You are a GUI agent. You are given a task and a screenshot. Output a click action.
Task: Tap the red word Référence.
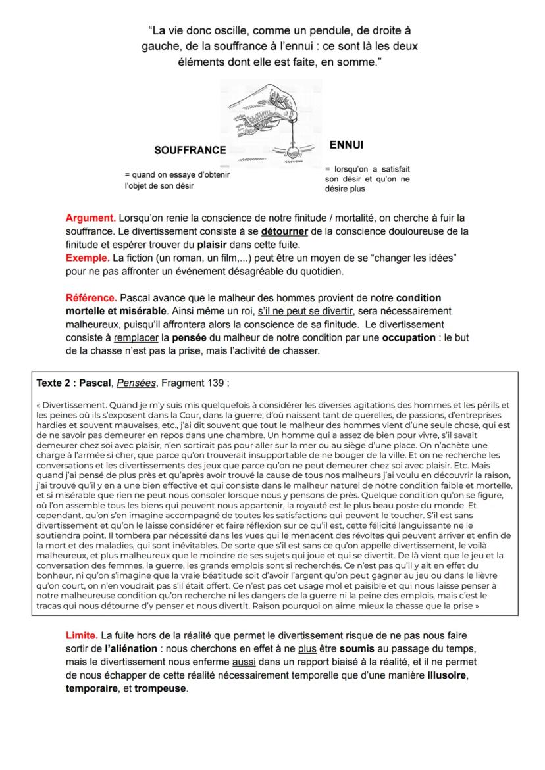(x=91, y=298)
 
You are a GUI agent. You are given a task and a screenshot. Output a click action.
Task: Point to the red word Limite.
(x=82, y=635)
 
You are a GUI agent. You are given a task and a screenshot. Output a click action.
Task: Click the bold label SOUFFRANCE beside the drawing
(x=190, y=150)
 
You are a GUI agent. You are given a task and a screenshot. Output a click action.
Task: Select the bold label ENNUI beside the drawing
(x=346, y=144)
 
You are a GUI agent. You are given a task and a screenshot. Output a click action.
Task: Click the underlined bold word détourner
(x=285, y=231)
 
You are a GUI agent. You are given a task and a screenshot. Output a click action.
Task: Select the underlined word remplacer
(x=138, y=338)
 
